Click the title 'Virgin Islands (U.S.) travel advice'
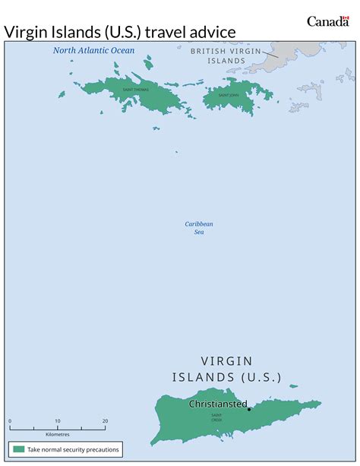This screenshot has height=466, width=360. click(x=120, y=30)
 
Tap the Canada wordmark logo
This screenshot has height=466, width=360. click(x=327, y=21)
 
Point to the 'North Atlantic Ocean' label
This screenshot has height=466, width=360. click(x=93, y=51)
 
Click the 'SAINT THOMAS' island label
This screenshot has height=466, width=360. click(x=135, y=90)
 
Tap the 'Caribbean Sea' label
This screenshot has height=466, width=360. click(x=199, y=227)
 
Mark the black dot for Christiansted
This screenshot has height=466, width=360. click(x=249, y=409)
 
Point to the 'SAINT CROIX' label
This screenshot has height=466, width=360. click(x=216, y=417)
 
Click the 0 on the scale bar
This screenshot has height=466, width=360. click(x=10, y=420)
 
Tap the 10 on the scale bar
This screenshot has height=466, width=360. click(x=57, y=420)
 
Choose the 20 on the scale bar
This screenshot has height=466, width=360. click(x=105, y=420)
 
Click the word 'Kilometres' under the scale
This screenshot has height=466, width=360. click(x=58, y=434)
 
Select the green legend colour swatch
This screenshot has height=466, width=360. click(x=17, y=449)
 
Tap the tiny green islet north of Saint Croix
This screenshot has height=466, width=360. click(x=294, y=386)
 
